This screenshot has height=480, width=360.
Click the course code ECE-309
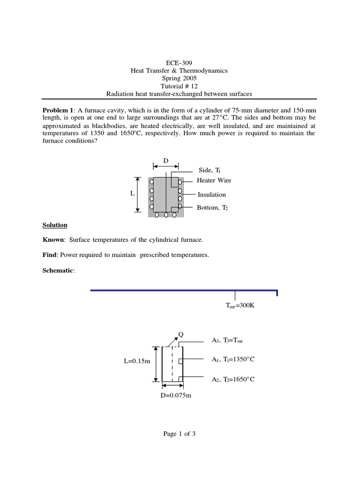[x=179, y=62]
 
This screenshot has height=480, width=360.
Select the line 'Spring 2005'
[x=179, y=78]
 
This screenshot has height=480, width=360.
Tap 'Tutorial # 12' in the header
[x=179, y=86]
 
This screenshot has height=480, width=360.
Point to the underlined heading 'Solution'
[x=55, y=225]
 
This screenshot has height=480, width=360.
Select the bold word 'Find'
[x=50, y=255]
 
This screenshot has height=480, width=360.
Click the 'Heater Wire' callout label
[x=214, y=180]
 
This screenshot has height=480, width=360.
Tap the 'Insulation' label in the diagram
[x=211, y=195]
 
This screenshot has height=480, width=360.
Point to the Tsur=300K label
[x=240, y=306]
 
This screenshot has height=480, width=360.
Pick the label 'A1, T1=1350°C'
[x=232, y=360]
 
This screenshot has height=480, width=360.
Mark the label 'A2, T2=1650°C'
[x=232, y=379]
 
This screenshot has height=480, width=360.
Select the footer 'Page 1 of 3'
[x=179, y=434]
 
